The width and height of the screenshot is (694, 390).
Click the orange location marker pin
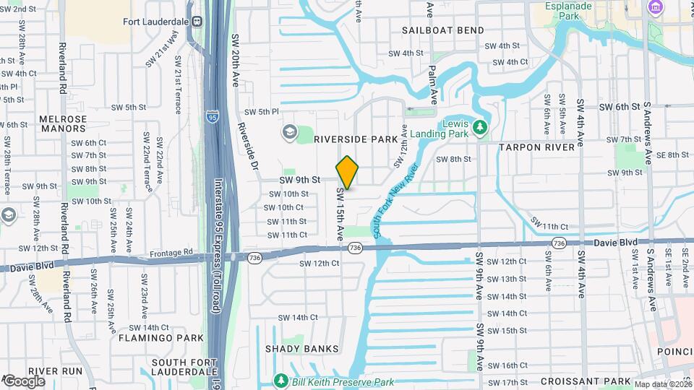pyautogui.click(x=348, y=173)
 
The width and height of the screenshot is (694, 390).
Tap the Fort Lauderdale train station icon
pyautogui.click(x=197, y=22)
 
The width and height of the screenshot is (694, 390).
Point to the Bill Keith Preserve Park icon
pyautogui.click(x=280, y=380)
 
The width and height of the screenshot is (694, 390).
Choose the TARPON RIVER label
pyautogui.click(x=536, y=147)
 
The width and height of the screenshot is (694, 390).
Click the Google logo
pyautogui.click(x=24, y=381)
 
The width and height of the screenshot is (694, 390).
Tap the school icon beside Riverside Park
pyautogui.click(x=290, y=131)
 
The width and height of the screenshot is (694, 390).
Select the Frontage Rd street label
pyautogui.click(x=172, y=253)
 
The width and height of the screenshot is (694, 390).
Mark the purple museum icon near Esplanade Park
pyautogui.click(x=656, y=8)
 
